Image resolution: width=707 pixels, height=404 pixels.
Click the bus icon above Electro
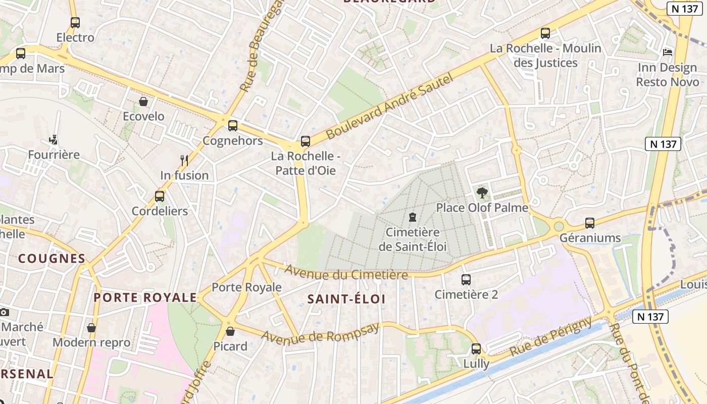pos(75,22)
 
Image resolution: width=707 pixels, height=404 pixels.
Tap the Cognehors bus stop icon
pos(233,125)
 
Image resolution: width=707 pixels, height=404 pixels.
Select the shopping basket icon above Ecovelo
pos(143,102)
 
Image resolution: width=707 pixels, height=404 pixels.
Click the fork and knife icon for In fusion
pos(184,161)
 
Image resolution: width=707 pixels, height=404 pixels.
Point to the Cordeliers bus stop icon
pos(160,196)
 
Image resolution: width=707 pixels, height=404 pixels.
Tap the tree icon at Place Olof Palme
pos(482,192)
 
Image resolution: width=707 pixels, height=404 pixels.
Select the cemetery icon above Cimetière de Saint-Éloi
pos(413,218)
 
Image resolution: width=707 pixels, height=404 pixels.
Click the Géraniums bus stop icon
pos(589,223)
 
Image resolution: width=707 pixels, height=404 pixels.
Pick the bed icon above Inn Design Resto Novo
pos(667,53)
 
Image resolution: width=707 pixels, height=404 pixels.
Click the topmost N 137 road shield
pos(686,9)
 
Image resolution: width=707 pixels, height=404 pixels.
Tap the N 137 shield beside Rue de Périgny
pos(650,317)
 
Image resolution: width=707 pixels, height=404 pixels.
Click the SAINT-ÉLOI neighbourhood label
pos(346,299)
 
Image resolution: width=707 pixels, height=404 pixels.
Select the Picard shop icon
pos(230,331)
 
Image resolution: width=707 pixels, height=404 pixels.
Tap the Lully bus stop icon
pos(476,348)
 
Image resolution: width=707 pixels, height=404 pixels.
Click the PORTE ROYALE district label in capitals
pos(145,297)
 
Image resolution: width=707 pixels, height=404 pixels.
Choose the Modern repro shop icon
pos(91,328)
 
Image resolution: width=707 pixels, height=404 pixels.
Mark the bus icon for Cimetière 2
pos(466,279)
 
